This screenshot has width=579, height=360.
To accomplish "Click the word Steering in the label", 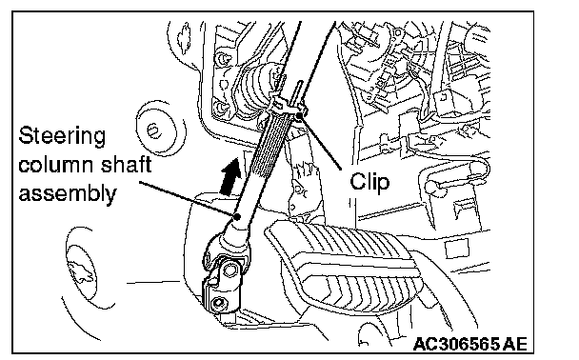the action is pyautogui.click(x=62, y=136).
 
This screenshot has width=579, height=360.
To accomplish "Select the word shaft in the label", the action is pyautogui.click(x=126, y=165).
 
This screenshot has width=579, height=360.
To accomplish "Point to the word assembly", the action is pyautogui.click(x=68, y=193).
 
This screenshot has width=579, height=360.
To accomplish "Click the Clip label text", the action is pyautogui.click(x=369, y=182).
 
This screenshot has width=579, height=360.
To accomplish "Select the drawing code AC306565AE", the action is pyautogui.click(x=470, y=344).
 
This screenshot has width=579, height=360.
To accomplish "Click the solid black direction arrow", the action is pyautogui.click(x=230, y=176).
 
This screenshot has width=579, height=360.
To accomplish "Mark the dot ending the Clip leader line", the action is pyautogui.click(x=299, y=116).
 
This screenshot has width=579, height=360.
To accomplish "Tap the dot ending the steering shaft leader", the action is pyautogui.click(x=237, y=216).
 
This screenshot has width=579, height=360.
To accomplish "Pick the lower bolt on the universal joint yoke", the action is pyautogui.click(x=218, y=303).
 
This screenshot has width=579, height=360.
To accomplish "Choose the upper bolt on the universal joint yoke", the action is pyautogui.click(x=230, y=270).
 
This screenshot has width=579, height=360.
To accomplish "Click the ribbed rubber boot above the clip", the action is pyautogui.click(x=256, y=90).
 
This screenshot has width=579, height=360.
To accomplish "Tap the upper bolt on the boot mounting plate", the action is pyautogui.click(x=222, y=58).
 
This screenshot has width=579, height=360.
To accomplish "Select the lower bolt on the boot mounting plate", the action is pyautogui.click(x=221, y=108).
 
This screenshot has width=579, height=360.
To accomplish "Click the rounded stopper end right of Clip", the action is pyautogui.click(x=432, y=186).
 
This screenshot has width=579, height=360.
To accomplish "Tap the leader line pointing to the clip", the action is pyautogui.click(x=320, y=143).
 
